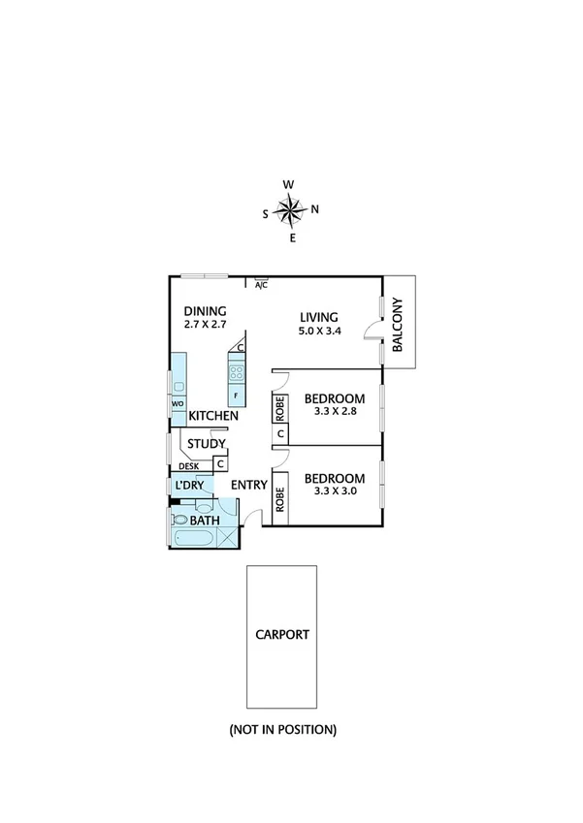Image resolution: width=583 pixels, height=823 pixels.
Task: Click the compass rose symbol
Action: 290,209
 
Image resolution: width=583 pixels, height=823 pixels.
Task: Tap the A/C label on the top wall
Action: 261,285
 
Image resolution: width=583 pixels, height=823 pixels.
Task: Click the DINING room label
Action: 205,311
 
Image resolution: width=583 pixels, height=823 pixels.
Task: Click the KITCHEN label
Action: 213,416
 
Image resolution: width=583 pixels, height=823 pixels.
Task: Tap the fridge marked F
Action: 236,396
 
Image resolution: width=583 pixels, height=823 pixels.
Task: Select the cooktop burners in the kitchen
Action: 236,369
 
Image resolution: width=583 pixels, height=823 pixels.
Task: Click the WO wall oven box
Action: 178,404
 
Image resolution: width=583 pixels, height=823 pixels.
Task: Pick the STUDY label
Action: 207,444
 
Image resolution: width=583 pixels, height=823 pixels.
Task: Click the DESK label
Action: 188,466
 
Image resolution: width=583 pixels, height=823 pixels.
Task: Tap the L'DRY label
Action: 189,486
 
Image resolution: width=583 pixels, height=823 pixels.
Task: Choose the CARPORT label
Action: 282,636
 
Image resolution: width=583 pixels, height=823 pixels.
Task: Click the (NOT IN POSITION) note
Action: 282,729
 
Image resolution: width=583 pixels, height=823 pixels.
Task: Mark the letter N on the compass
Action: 314,209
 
